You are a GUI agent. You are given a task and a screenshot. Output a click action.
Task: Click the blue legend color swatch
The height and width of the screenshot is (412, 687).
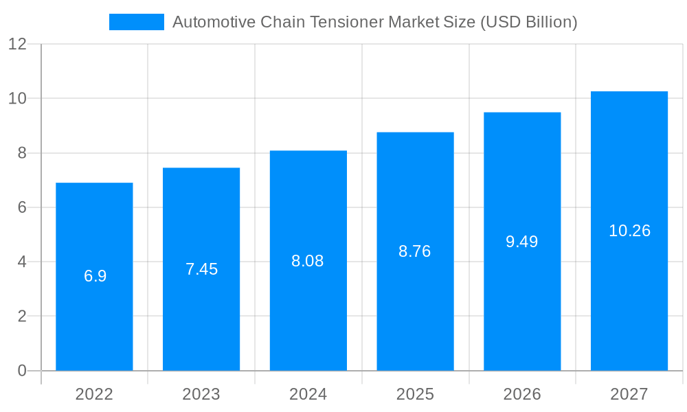[x=136, y=22]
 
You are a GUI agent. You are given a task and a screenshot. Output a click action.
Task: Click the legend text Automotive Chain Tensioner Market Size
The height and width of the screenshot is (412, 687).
[x=374, y=22]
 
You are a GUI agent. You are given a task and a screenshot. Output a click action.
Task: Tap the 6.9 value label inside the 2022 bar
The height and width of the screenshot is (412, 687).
[x=95, y=276]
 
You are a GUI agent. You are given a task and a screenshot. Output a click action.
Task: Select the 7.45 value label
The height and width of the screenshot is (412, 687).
[x=201, y=269]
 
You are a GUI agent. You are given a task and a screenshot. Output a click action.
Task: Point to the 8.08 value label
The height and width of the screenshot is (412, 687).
[x=307, y=261]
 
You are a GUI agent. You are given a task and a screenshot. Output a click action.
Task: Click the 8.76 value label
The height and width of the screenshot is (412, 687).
[x=414, y=251]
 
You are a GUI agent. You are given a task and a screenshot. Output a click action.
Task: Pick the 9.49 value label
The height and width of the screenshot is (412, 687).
[x=521, y=242]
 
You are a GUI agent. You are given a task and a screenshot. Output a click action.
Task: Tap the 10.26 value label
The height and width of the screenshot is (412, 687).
[x=629, y=231]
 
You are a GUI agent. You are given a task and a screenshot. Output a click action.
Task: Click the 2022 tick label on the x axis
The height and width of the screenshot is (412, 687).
[x=94, y=394]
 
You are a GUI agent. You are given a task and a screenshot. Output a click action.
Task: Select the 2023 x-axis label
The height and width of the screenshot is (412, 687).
[x=201, y=394]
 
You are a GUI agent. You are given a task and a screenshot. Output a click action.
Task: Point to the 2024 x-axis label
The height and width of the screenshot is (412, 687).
[x=308, y=394]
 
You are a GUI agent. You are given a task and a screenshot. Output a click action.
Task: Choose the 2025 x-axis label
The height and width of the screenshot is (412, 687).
[x=415, y=394]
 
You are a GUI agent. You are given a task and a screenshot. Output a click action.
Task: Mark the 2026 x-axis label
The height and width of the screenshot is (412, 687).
[x=522, y=394]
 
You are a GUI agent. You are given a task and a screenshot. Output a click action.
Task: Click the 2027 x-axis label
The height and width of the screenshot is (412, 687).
[x=629, y=394]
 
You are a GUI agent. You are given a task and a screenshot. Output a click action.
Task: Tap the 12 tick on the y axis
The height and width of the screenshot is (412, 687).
[x=17, y=45]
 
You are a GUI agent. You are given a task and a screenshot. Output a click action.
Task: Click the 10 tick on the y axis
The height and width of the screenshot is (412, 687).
[x=17, y=99]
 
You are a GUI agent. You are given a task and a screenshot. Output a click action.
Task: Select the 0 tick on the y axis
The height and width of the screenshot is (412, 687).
[x=21, y=371]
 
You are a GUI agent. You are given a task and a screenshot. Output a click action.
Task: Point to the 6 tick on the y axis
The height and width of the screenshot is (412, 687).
[x=21, y=207]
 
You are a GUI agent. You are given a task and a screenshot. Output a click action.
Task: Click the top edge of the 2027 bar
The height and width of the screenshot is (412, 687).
[x=629, y=92]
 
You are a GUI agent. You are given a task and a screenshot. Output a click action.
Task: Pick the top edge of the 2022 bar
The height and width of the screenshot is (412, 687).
[x=94, y=183]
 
